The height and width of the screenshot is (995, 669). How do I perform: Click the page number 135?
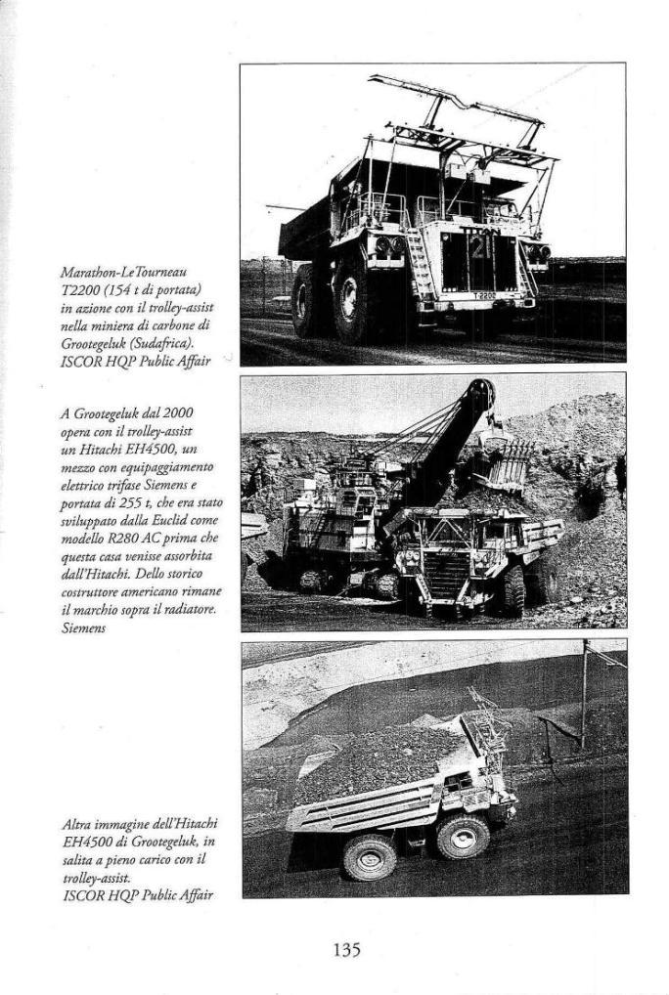click(347, 948)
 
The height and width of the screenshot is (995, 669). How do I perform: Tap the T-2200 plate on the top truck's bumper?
click(484, 295)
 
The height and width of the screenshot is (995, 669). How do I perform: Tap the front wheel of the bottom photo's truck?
click(463, 837)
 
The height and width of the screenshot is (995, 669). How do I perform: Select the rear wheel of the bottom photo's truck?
click(370, 857)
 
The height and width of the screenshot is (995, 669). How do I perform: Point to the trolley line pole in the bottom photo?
click(585, 694)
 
